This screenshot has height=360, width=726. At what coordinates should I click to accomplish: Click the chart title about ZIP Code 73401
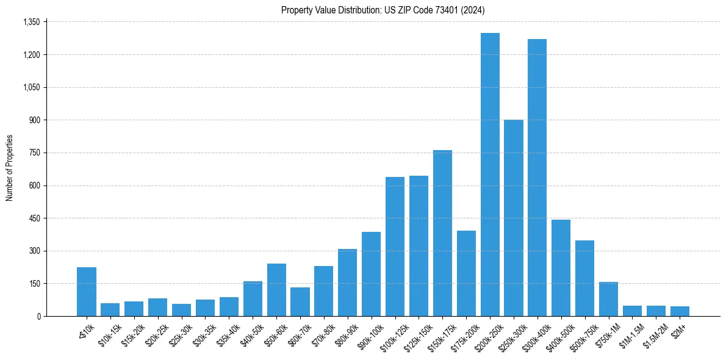coord(383,10)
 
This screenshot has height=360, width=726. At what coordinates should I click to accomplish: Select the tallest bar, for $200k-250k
coord(490,175)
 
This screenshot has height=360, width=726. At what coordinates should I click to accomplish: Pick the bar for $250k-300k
coord(514,218)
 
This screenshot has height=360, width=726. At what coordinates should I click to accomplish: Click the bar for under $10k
coord(87,292)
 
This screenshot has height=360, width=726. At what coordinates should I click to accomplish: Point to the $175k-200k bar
coord(466,273)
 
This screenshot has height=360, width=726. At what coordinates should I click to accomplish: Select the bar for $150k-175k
coord(442,233)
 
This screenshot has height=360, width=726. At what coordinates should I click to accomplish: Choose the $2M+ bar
coord(680,311)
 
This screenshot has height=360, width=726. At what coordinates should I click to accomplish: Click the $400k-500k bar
coord(561,268)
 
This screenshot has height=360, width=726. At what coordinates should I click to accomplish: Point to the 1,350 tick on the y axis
coord(31,22)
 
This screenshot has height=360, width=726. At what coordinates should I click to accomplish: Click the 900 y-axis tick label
coord(34,120)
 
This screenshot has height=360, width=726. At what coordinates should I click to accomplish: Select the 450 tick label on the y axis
coord(34,218)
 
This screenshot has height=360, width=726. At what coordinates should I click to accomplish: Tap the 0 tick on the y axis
coord(38,316)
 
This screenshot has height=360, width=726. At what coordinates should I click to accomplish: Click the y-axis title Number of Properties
coord(10,168)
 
